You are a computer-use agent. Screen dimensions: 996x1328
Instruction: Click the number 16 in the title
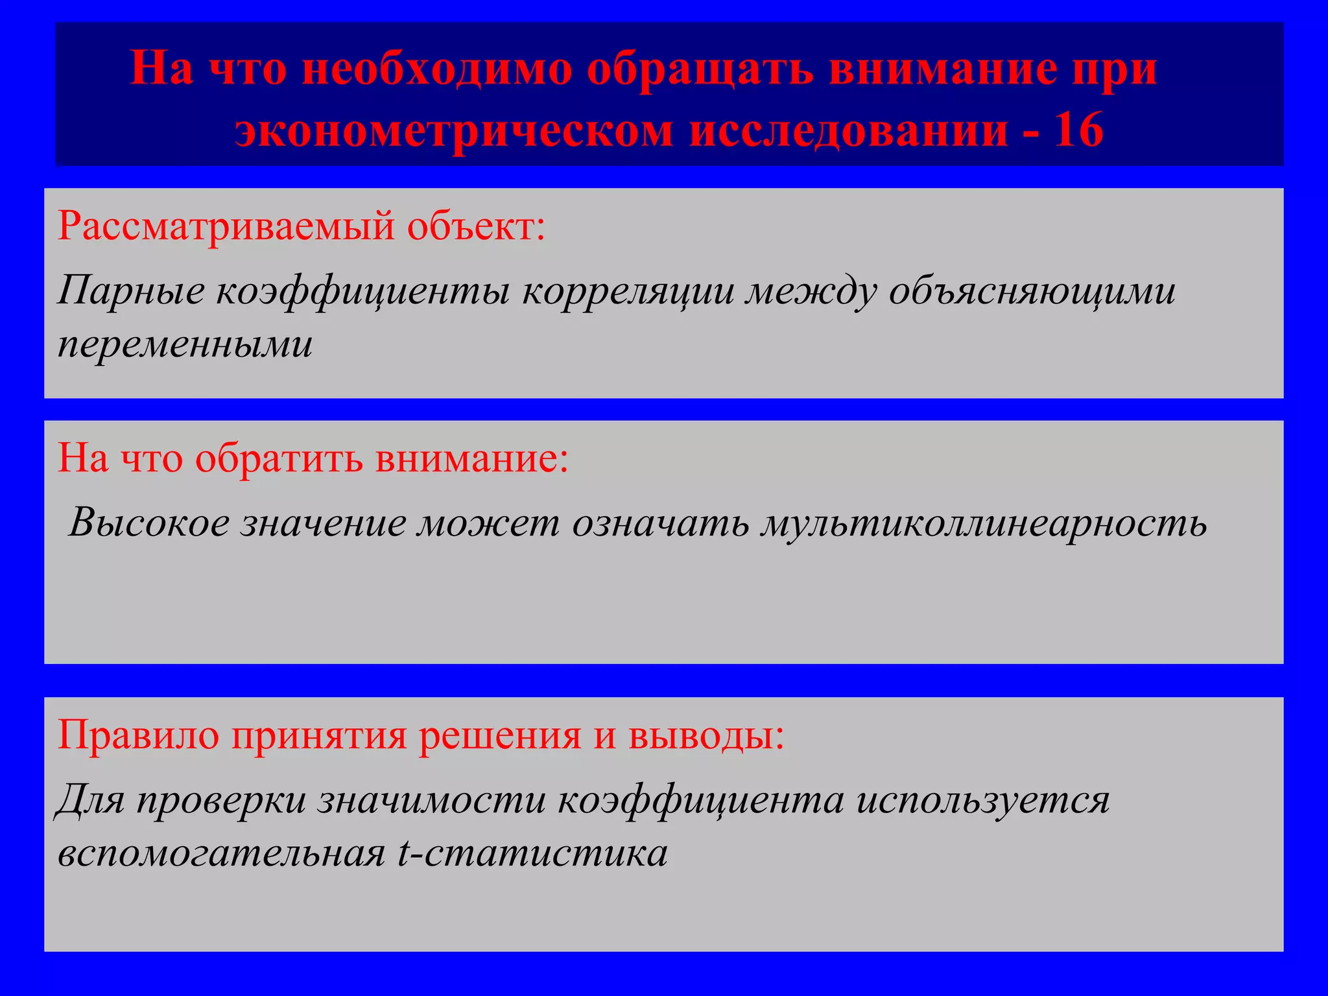pyautogui.click(x=1078, y=130)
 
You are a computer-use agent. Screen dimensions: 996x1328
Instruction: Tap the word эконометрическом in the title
pyautogui.click(x=454, y=130)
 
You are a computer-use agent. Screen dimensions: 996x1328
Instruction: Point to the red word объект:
pyautogui.click(x=476, y=227)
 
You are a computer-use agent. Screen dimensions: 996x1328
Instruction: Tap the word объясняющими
pyautogui.click(x=1032, y=291)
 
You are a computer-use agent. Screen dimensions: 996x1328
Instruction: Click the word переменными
pyautogui.click(x=185, y=344)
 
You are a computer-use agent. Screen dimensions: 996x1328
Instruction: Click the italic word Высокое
pyautogui.click(x=149, y=522)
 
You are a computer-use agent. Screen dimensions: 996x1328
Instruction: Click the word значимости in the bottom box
pyautogui.click(x=431, y=800)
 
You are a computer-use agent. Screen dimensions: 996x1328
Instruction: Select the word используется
pyautogui.click(x=983, y=800)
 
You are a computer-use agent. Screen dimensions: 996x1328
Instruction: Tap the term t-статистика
pyautogui.click(x=532, y=853)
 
